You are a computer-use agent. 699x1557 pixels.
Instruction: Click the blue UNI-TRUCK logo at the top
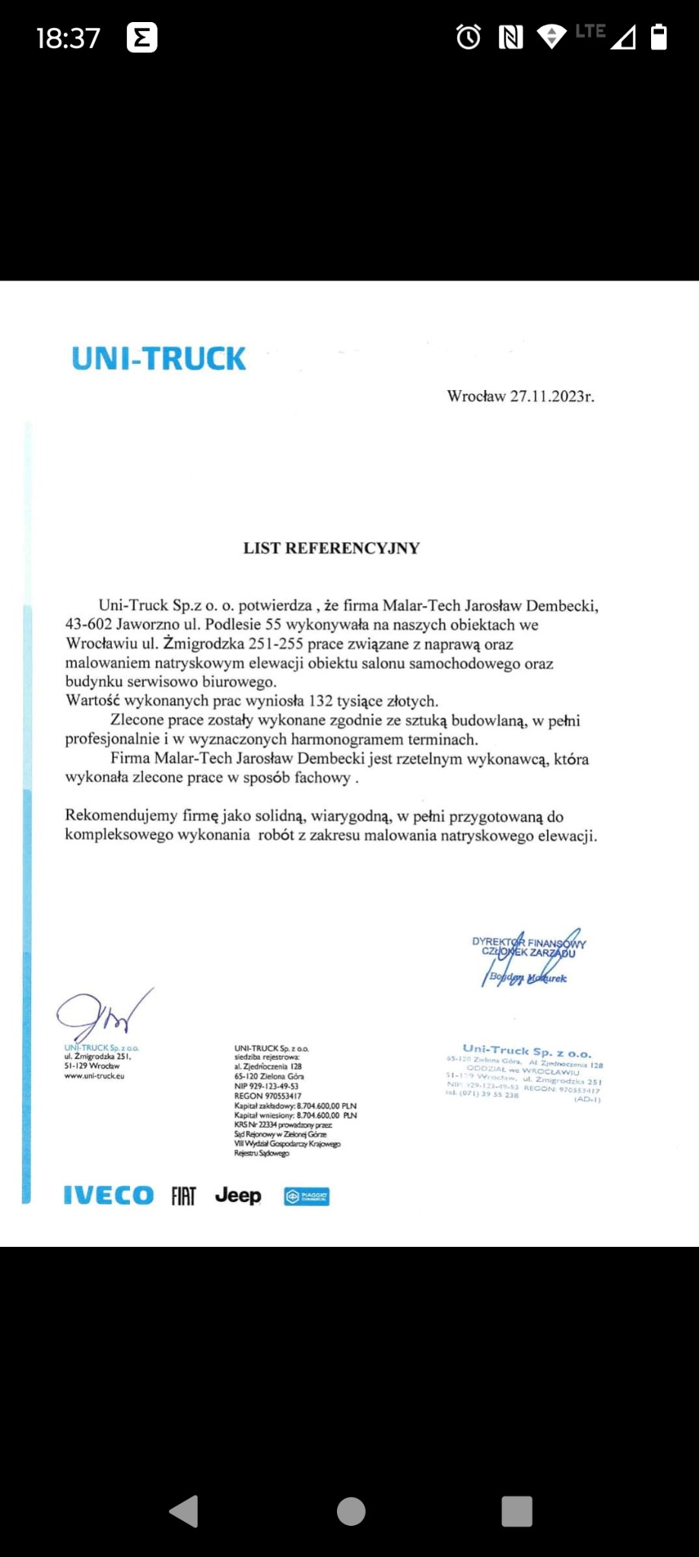[158, 359]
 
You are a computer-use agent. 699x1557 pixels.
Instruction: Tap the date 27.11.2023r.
[551, 396]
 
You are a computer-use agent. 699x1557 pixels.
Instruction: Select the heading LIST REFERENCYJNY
[331, 548]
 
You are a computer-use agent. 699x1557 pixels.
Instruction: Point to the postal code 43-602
[88, 625]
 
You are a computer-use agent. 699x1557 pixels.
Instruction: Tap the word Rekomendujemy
[121, 816]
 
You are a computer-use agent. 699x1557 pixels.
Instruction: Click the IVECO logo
[109, 1196]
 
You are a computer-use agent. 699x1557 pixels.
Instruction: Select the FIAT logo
[183, 1197]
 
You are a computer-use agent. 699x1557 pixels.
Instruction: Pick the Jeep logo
[238, 1196]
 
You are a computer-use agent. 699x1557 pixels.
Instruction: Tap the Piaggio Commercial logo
[307, 1197]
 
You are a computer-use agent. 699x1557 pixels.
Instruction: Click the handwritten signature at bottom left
[103, 1015]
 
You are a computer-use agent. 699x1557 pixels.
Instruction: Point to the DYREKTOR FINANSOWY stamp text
[529, 943]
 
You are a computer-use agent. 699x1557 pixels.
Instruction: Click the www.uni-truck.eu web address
[94, 1076]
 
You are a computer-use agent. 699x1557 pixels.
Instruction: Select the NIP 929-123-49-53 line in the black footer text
[266, 1086]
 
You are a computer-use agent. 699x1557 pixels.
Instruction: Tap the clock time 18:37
[68, 38]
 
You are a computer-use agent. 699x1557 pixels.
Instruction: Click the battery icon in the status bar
[659, 36]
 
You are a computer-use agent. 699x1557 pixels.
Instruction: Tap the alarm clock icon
[469, 36]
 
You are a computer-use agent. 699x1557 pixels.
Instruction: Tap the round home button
[351, 1511]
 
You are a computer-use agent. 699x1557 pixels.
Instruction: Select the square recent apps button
[516, 1511]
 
